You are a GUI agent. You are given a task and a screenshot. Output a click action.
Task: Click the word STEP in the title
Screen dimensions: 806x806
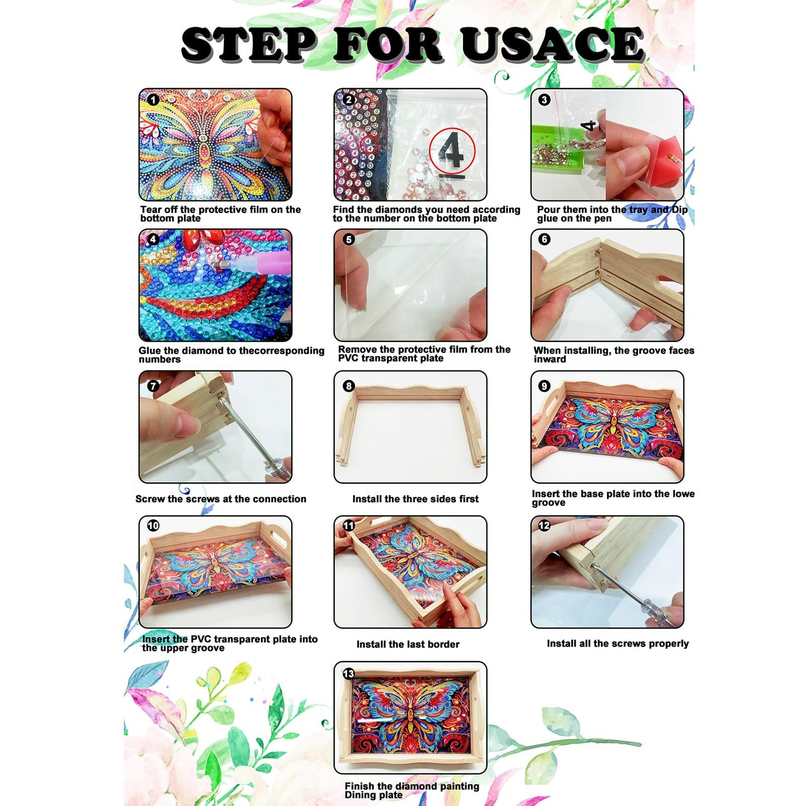tap(248, 44)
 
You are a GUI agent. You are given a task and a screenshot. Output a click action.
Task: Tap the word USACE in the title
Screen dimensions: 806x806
tap(552, 44)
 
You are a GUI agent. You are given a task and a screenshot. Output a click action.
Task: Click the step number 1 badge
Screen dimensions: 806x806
tap(153, 99)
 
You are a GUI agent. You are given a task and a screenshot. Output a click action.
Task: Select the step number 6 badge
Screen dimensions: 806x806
tap(544, 240)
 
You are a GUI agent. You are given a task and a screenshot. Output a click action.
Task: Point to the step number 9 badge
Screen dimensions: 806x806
tap(544, 386)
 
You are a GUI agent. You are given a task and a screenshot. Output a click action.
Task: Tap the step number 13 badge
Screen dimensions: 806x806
tap(349, 673)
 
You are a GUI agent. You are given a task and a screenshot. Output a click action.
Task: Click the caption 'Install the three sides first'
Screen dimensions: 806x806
tap(416, 499)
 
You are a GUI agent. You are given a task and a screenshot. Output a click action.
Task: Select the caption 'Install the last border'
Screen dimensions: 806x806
tap(408, 644)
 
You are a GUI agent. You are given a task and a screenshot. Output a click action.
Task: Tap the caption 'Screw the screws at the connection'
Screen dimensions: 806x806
tap(221, 499)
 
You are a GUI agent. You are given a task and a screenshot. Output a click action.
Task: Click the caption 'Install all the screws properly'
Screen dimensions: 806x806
tap(618, 644)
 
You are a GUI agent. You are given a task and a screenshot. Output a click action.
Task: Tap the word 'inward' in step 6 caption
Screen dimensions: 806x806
tap(549, 359)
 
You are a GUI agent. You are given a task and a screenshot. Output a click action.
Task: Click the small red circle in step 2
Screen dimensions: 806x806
tap(369, 144)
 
